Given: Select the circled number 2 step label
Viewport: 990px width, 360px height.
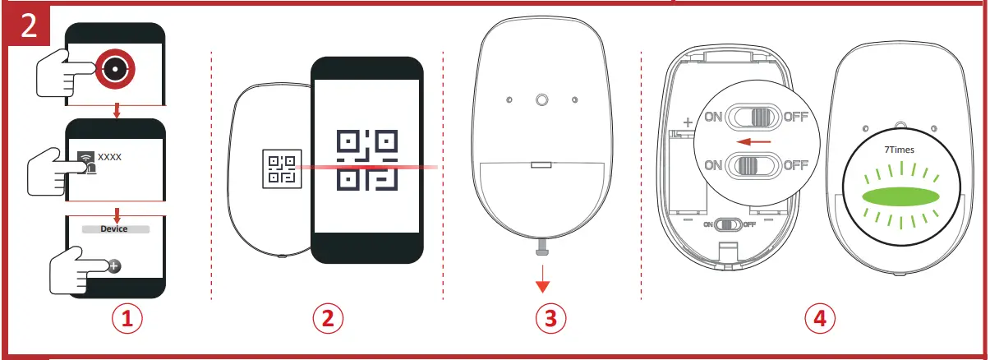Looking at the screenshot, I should [x=327, y=320].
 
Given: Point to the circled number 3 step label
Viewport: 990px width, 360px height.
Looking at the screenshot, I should [x=550, y=320].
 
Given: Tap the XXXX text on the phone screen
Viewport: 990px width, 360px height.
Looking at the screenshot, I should [x=109, y=155].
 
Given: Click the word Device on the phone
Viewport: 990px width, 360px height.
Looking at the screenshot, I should [x=115, y=231].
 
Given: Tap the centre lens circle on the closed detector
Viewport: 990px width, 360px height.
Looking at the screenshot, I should [x=541, y=100].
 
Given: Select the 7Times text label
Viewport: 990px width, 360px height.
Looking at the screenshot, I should [x=900, y=150].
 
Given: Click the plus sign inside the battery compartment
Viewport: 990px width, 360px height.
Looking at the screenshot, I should [x=687, y=122].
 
